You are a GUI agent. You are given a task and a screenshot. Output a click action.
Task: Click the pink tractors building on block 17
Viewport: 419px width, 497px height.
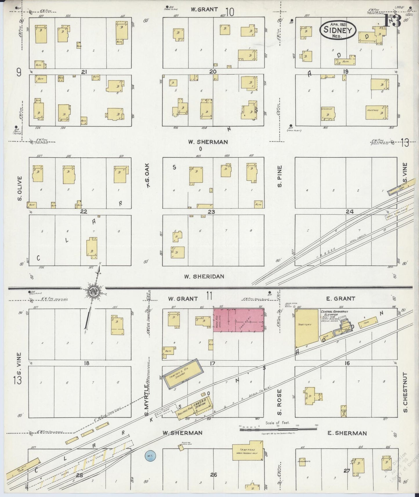coord(239,320)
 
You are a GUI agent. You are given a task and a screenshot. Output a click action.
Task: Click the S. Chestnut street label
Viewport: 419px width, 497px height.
coord(405,392)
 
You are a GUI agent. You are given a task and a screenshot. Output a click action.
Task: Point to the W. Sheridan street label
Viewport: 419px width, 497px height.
coord(204,276)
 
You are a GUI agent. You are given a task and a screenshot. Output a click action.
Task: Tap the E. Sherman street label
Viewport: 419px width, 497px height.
coord(347,433)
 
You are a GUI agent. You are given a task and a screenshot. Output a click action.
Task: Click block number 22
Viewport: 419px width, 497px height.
coord(84,212)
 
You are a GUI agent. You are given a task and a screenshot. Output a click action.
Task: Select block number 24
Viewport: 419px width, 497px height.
coord(349,212)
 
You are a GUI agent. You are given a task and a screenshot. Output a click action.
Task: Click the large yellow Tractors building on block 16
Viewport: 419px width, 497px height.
coord(306,329)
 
